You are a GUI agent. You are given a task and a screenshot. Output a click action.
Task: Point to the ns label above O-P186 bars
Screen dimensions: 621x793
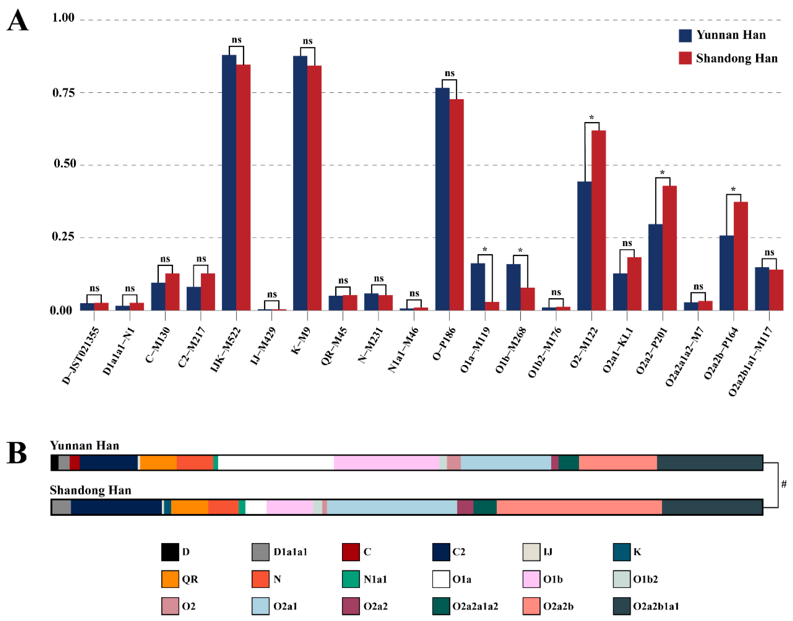pyautogui.click(x=450, y=73)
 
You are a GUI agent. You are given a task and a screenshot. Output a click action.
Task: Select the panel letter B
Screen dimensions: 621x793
pyautogui.click(x=17, y=453)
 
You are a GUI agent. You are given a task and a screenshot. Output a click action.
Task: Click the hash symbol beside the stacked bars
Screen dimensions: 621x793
pyautogui.click(x=783, y=484)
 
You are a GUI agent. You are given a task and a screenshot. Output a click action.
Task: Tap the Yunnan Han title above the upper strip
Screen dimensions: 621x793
pyautogui.click(x=84, y=445)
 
